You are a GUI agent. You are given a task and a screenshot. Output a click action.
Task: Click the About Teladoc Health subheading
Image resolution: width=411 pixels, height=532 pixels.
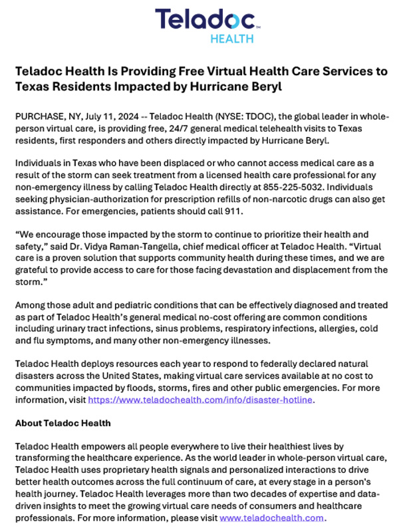point(63,423)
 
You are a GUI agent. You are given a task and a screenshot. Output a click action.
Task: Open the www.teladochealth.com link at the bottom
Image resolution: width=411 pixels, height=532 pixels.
point(271,517)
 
